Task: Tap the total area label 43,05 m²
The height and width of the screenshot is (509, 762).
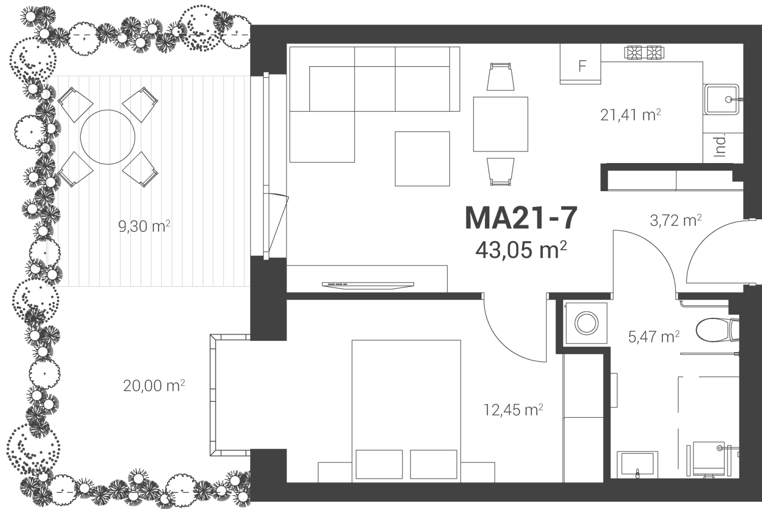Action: point(521,250)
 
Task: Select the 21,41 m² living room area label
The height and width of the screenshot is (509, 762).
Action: point(631,115)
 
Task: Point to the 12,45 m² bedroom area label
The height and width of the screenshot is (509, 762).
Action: point(513,410)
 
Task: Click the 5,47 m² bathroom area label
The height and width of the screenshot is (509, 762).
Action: point(654,337)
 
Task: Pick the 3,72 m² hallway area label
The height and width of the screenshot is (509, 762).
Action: point(675,220)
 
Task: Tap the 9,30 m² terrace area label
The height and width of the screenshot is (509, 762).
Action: point(144,226)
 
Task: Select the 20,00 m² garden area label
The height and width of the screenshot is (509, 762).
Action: point(154,386)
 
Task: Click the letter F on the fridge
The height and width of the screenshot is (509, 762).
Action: point(582,66)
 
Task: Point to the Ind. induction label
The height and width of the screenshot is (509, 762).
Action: point(720,146)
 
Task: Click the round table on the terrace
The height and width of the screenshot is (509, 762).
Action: point(108,137)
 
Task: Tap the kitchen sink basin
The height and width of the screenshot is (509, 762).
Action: point(721,100)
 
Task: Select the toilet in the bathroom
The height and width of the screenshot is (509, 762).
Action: point(717,330)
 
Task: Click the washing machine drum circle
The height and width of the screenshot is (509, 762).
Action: point(586,323)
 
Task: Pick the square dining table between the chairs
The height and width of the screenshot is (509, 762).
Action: point(500,124)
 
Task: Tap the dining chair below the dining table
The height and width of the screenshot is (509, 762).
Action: point(500,171)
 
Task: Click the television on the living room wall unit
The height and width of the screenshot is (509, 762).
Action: point(368,285)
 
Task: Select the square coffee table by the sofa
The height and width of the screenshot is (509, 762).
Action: point(422,159)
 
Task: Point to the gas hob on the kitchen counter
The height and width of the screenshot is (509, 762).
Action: point(644,53)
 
